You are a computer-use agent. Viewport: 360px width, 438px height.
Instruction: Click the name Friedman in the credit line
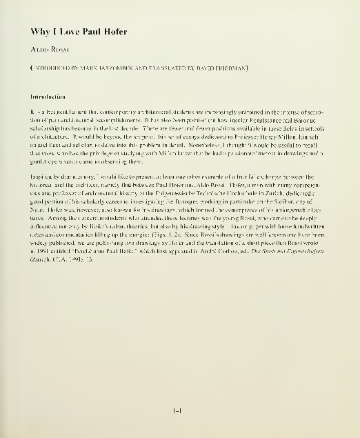[230, 68]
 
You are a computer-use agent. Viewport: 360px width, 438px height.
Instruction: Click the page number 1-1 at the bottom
[177, 412]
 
